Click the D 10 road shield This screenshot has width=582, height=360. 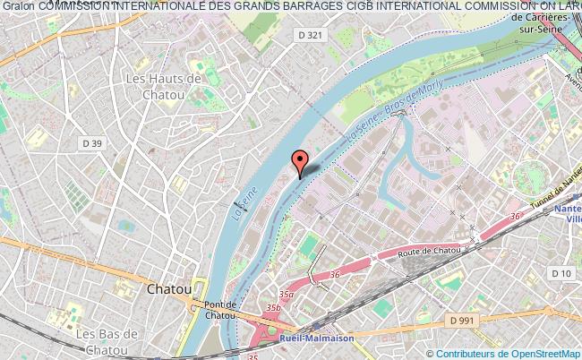tap(561, 271)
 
